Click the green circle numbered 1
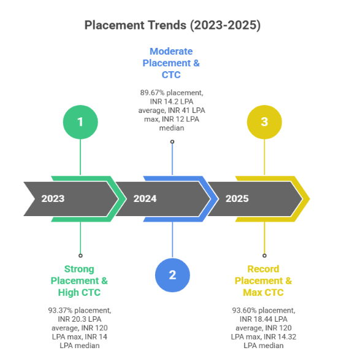click(x=80, y=122)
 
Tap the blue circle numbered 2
click(x=172, y=274)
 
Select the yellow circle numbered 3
click(x=264, y=122)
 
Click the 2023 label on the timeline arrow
click(x=53, y=198)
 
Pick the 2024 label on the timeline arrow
click(x=145, y=198)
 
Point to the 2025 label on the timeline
click(x=237, y=198)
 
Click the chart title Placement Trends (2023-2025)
click(x=172, y=25)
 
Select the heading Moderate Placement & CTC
click(x=171, y=63)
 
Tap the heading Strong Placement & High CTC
click(x=80, y=281)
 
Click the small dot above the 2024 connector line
click(x=172, y=142)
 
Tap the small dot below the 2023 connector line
click(x=80, y=255)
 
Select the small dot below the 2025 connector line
click(x=264, y=255)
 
